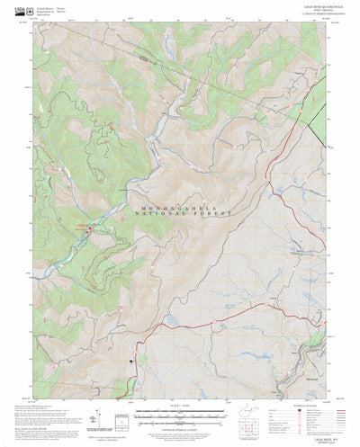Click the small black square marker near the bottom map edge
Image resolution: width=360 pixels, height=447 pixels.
point(131,362)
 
